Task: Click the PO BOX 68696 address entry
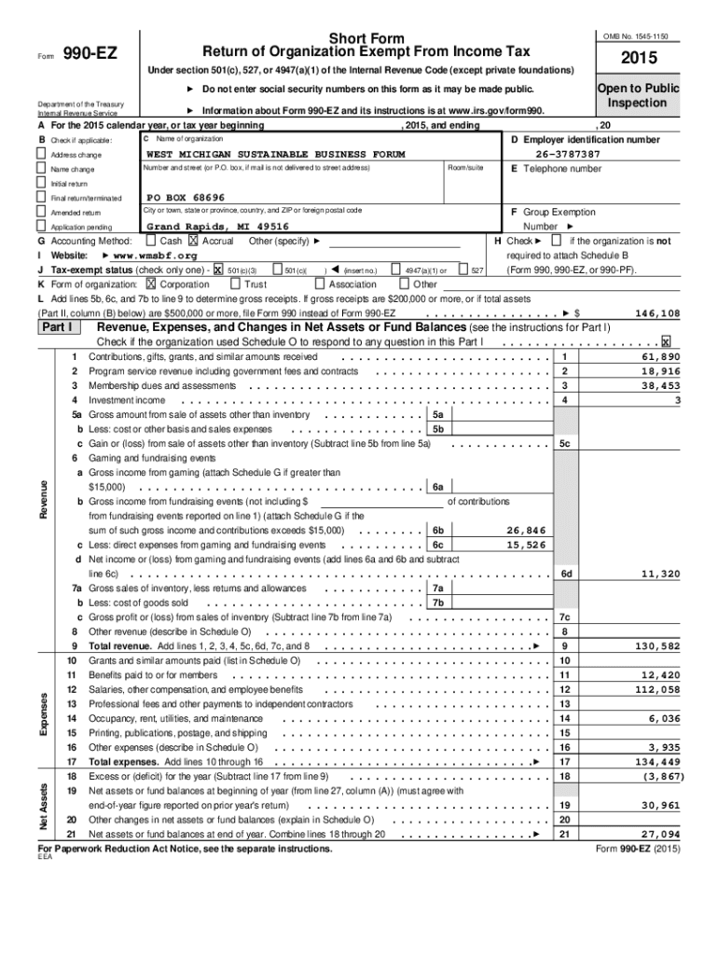coord(186,198)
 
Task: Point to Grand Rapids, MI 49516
coord(217,227)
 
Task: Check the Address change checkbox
coord(41,154)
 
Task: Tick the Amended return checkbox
coord(41,213)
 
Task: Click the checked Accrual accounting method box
coord(194,241)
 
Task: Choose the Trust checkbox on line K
coord(235,284)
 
